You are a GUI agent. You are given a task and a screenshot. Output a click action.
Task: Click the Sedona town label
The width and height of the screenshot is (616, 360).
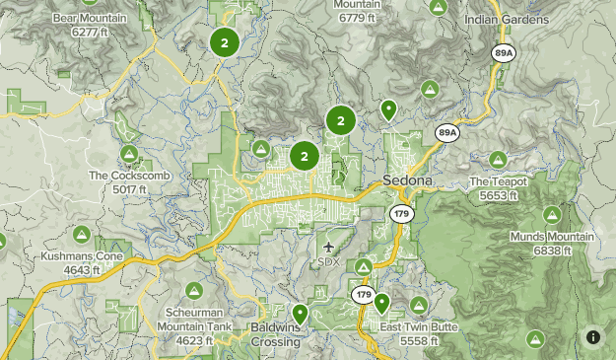tap(407, 182)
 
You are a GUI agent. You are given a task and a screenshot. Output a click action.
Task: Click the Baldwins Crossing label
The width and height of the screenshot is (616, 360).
tap(276, 334)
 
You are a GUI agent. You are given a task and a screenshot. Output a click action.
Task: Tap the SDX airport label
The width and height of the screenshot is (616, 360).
tap(328, 261)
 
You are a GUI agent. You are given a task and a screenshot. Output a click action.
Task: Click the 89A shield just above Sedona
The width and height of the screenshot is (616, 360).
tap(448, 131)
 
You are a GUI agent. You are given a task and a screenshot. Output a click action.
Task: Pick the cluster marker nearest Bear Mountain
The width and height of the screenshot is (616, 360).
tap(225, 42)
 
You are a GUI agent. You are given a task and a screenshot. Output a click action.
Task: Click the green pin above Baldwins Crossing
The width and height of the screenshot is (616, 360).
tap(300, 314)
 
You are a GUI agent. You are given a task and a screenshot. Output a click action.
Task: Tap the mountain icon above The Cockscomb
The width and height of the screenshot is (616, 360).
tap(129, 154)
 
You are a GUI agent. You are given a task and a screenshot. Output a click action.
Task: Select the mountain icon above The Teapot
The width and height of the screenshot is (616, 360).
tap(498, 160)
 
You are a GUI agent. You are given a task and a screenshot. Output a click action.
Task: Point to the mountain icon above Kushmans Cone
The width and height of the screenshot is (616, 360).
tap(83, 234)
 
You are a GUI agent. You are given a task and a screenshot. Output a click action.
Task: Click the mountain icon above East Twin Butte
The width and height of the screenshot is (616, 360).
tap(419, 305)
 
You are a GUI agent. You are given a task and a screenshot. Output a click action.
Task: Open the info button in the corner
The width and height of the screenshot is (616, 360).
tap(593, 337)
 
